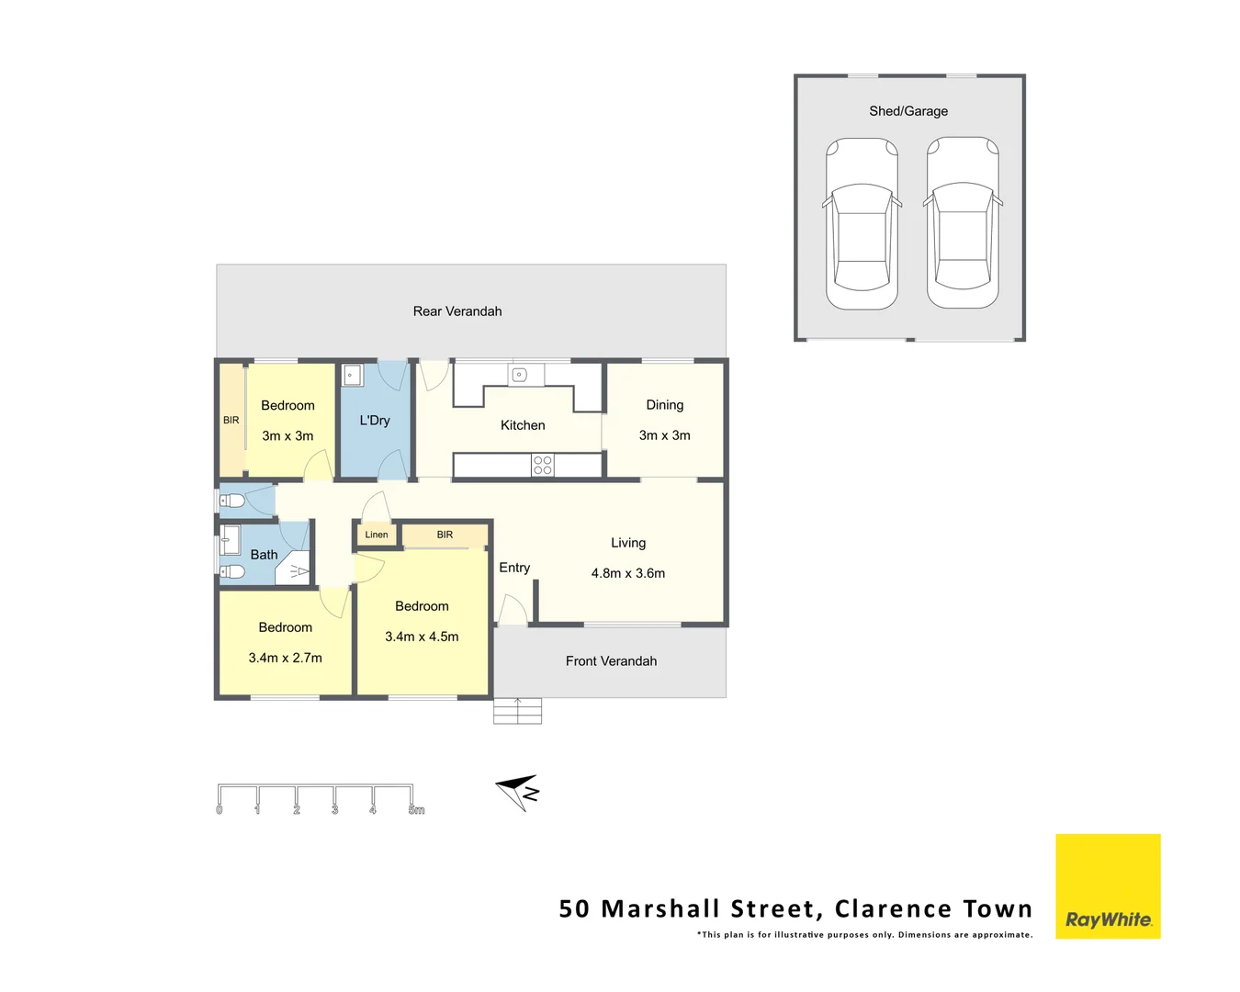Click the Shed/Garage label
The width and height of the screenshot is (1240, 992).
(908, 111)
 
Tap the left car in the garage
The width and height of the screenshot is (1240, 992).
(862, 223)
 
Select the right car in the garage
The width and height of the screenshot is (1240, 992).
(963, 223)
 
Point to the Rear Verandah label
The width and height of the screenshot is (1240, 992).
(457, 311)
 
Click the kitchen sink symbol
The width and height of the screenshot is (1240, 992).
(519, 375)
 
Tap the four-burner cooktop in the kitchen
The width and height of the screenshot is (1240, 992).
(543, 465)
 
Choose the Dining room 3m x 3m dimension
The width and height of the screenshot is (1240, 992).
(665, 435)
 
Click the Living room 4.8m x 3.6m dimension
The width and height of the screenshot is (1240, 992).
(628, 573)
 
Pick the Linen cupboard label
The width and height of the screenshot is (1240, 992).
(377, 535)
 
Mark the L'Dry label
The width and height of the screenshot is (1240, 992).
(375, 421)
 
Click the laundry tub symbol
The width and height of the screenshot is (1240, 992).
(351, 375)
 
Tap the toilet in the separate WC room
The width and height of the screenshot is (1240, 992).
(231, 501)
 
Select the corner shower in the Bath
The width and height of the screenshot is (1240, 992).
(295, 569)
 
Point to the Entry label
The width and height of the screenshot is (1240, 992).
(514, 568)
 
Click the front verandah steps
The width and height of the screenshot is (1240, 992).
(517, 711)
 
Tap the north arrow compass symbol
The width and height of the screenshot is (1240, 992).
(518, 792)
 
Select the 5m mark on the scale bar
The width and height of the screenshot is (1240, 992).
(416, 810)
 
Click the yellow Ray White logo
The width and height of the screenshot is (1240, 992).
(1108, 886)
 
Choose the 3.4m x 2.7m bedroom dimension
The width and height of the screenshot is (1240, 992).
(286, 658)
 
